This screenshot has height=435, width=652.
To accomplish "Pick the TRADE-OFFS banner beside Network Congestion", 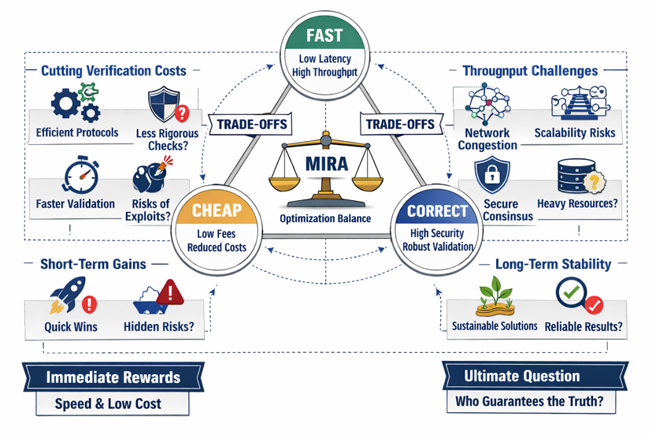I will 398,125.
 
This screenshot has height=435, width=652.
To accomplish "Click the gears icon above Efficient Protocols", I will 75,104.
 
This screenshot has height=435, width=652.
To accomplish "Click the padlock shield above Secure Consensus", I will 492,174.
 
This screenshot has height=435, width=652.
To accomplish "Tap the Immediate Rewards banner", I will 113,377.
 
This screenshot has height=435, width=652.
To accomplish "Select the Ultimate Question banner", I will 522,376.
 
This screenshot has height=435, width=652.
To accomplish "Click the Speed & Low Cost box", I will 113,403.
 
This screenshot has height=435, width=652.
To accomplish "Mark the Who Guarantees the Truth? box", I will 530,401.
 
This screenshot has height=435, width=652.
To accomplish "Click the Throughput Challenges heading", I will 530,71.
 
